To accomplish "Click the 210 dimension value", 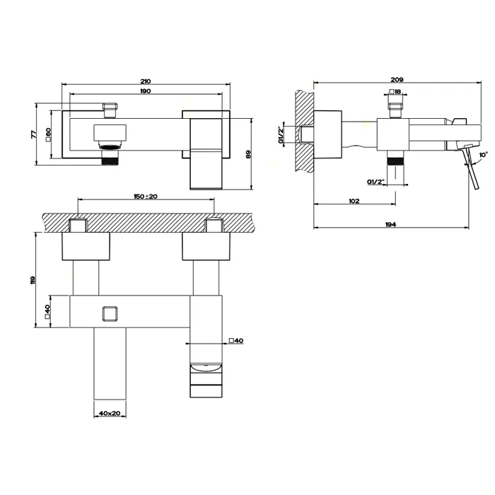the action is tap(145, 81).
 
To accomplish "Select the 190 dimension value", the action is tap(145, 91).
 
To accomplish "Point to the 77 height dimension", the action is tap(34, 134).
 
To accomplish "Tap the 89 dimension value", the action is tap(248, 154).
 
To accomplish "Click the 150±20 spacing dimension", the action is tap(146, 197).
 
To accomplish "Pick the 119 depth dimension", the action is tap(33, 280).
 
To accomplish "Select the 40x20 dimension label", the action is tap(110, 413).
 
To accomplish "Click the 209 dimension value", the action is tap(397, 79).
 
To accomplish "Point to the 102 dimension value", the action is tap(354, 201).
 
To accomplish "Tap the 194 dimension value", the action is tap(390, 224).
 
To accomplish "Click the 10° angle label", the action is tap(483, 155).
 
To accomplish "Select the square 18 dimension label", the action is tap(395, 92).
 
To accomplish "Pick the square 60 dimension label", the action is tap(48, 134).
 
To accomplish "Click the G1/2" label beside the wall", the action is tap(281, 135).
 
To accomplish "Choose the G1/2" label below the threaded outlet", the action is tap(376, 182).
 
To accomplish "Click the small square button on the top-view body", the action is tap(110, 314).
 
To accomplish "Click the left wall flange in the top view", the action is tap(86, 246).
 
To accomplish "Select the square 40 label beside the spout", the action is tap(236, 341).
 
